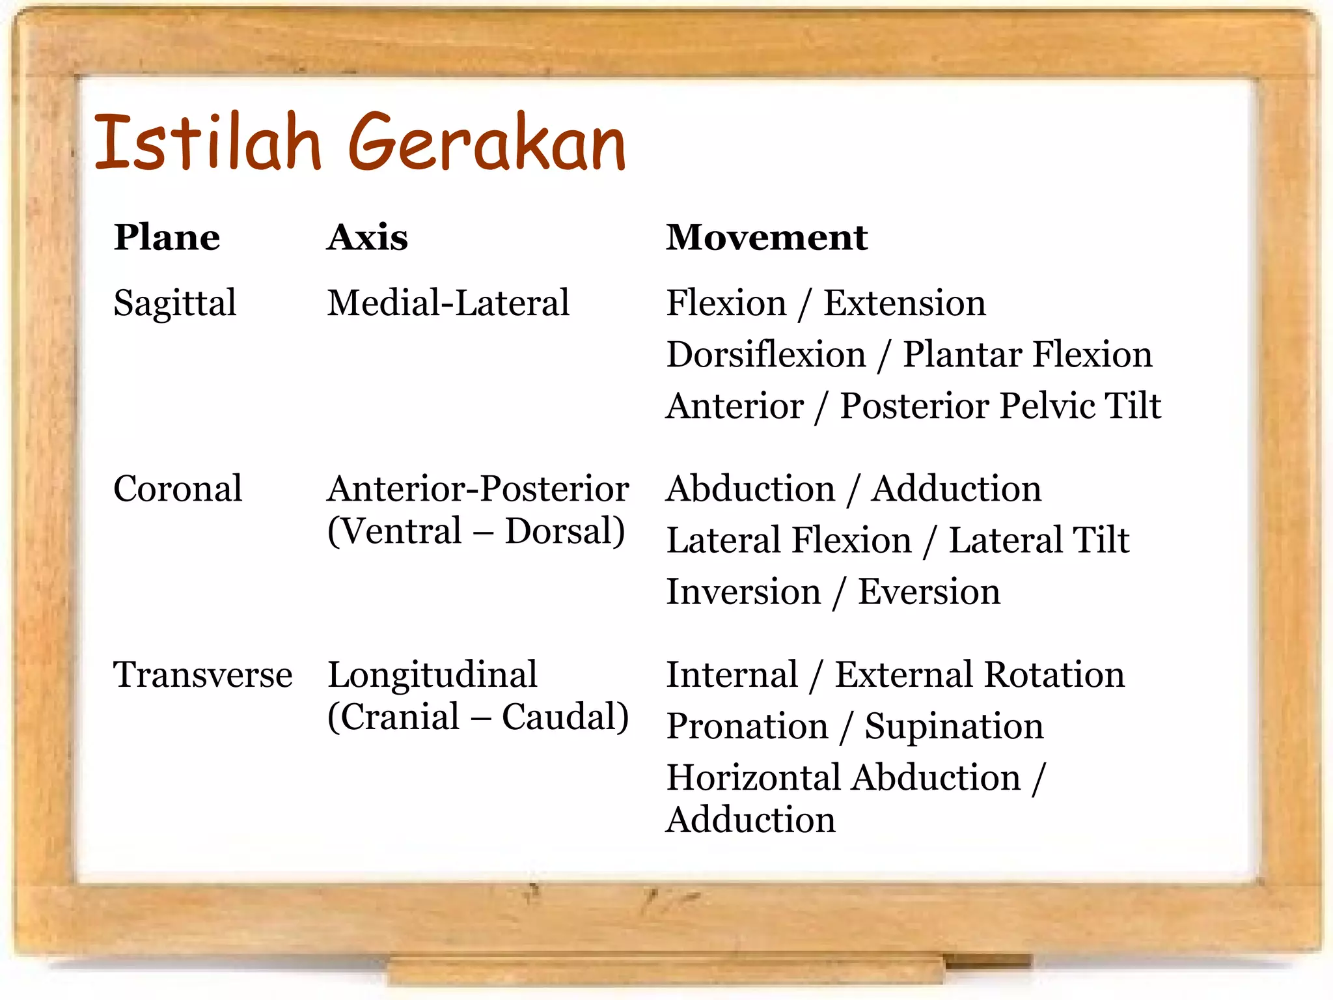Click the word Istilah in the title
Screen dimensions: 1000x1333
pyautogui.click(x=207, y=142)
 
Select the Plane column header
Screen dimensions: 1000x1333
pyautogui.click(x=167, y=237)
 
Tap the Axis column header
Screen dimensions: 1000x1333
pyautogui.click(x=367, y=237)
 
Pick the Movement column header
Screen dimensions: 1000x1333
pyautogui.click(x=766, y=237)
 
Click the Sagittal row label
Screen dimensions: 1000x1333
pyautogui.click(x=174, y=303)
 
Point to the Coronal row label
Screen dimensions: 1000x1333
pyautogui.click(x=178, y=489)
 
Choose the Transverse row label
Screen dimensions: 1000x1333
pyautogui.click(x=202, y=674)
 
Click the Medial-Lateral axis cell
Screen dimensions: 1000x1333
pyautogui.click(x=448, y=303)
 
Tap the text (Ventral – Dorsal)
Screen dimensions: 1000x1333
pyautogui.click(x=476, y=531)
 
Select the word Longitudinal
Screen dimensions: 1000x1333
pyautogui.click(x=432, y=674)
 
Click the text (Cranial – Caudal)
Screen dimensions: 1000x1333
pyautogui.click(x=478, y=717)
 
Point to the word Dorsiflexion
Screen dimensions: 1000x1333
pyautogui.click(x=766, y=355)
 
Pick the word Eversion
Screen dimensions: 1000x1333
pyautogui.click(x=929, y=592)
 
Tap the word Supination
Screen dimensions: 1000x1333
pyautogui.click(x=954, y=727)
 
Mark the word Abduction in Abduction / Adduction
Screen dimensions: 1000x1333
pyautogui.click(x=750, y=489)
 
